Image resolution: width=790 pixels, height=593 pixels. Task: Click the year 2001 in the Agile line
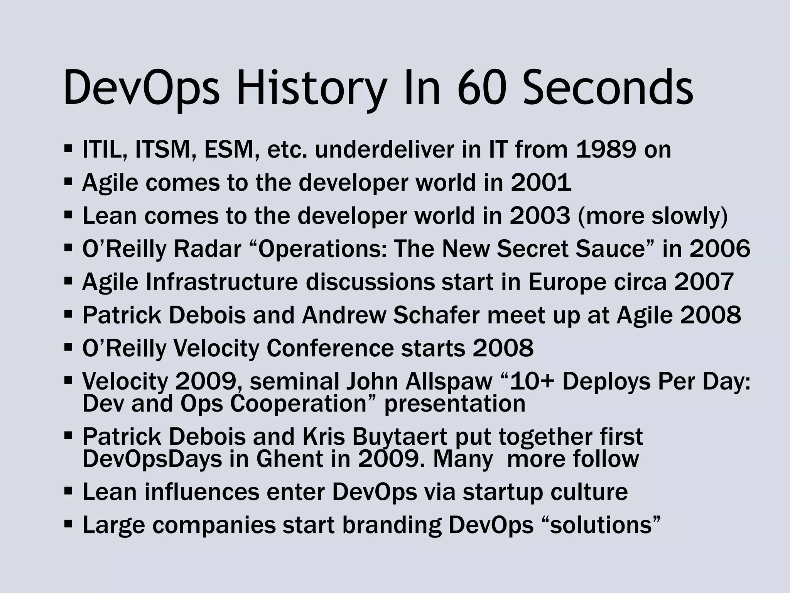click(541, 183)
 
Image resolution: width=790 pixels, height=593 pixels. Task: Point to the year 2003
click(540, 216)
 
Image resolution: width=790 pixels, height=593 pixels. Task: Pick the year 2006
click(720, 249)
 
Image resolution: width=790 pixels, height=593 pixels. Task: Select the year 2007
click(704, 282)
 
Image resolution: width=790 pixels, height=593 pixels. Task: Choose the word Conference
click(330, 349)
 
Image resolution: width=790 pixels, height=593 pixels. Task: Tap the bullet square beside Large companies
click(68, 524)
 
